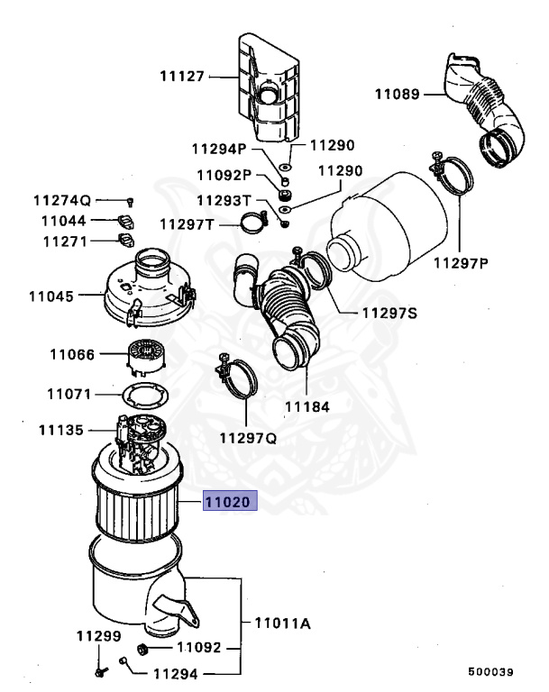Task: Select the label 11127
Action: (x=183, y=77)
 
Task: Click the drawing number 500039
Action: (x=490, y=672)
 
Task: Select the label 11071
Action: (x=70, y=394)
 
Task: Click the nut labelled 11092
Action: (x=142, y=649)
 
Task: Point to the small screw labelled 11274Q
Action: (x=131, y=200)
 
